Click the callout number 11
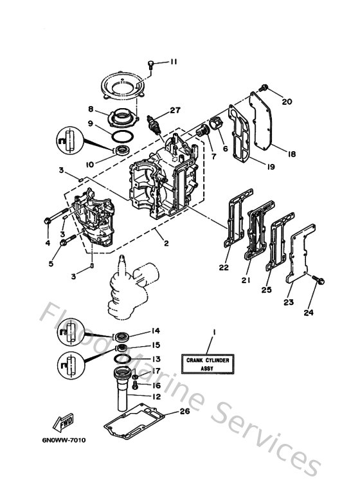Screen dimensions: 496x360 [x=173, y=62]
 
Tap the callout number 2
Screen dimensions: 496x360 [x=166, y=244]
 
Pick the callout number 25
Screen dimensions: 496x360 [x=265, y=290]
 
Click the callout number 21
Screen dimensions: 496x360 [x=245, y=280]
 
